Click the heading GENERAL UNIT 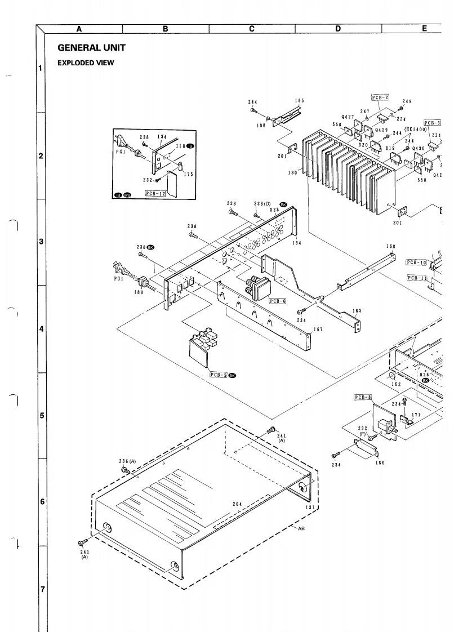click(x=91, y=47)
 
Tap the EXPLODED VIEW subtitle click(x=86, y=63)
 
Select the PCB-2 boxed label click(x=381, y=97)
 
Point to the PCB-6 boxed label click(x=278, y=301)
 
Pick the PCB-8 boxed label click(x=363, y=397)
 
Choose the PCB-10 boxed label click(x=416, y=262)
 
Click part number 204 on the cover click(x=238, y=504)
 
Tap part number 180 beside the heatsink click(x=292, y=173)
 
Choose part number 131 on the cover click(x=310, y=507)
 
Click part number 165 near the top click(x=300, y=100)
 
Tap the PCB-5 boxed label click(x=218, y=374)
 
